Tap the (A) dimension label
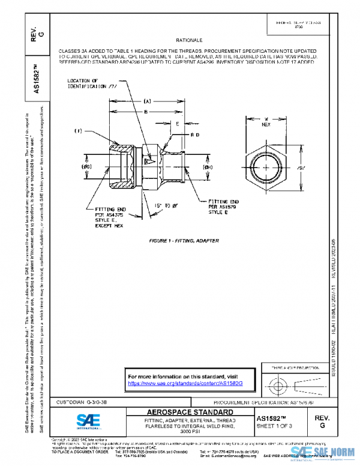pos(146,103)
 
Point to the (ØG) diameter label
pos(86,166)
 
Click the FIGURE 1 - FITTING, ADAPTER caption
pos(184,240)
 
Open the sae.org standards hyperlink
pos(189,383)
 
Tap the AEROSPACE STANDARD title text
pos(182,412)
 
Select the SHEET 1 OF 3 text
pos(274,426)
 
